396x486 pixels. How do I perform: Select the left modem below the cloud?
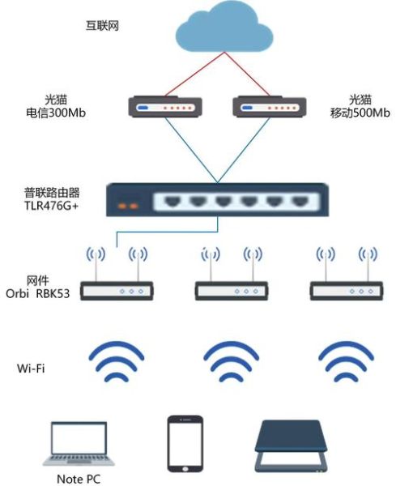point(165,107)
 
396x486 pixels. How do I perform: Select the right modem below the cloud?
point(266,107)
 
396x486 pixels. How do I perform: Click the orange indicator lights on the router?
point(127,205)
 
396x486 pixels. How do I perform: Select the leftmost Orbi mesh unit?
point(117,289)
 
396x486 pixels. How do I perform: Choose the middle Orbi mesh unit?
point(230,289)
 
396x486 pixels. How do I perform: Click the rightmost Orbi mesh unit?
point(344,289)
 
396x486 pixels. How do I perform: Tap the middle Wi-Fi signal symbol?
point(231,360)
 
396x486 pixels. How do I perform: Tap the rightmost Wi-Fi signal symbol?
point(344,360)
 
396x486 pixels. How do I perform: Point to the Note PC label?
point(79,479)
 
